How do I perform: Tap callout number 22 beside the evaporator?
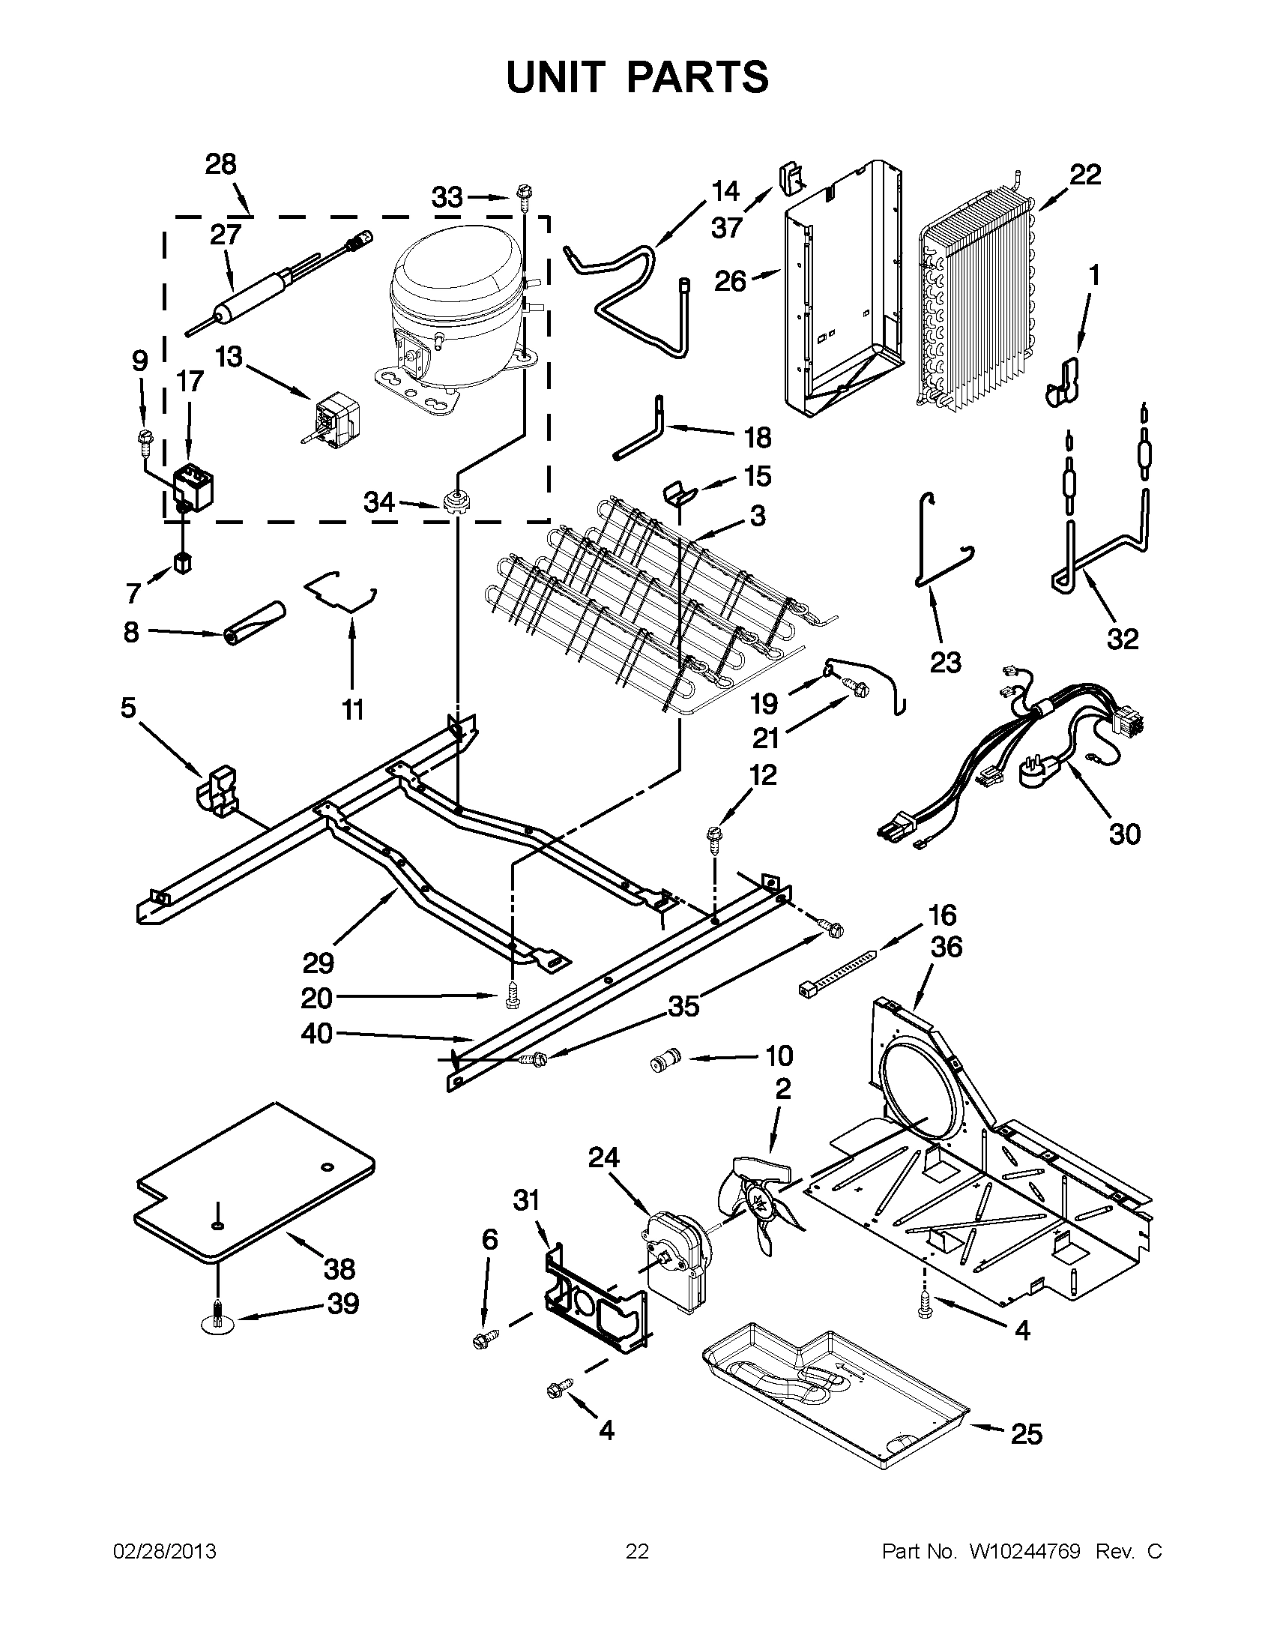point(1085,175)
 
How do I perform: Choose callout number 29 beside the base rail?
point(318,963)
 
